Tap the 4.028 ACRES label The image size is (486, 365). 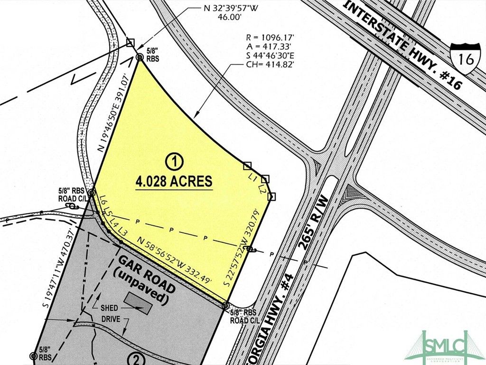coord(174,182)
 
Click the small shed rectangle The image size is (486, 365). coord(139,303)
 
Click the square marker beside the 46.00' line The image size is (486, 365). coord(131,43)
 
